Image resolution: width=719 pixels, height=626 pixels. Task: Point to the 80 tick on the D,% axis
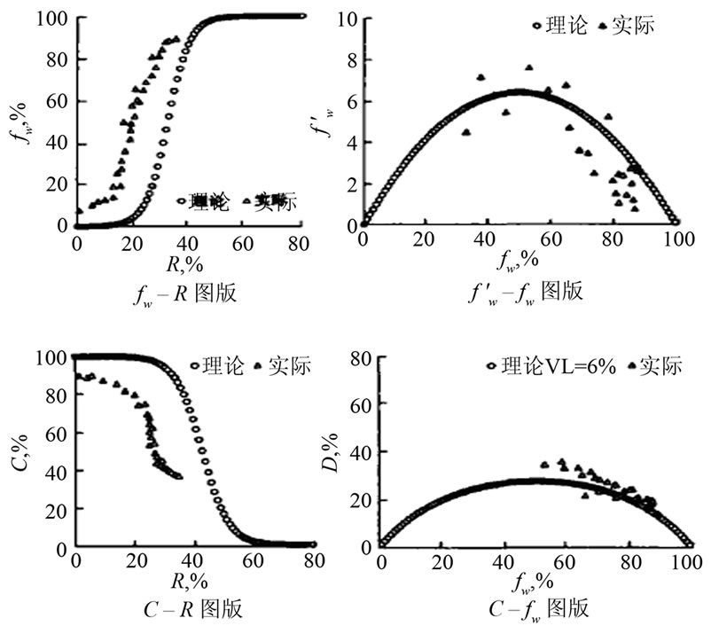coord(348,358)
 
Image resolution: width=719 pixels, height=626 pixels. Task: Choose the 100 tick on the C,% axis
coord(51,357)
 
